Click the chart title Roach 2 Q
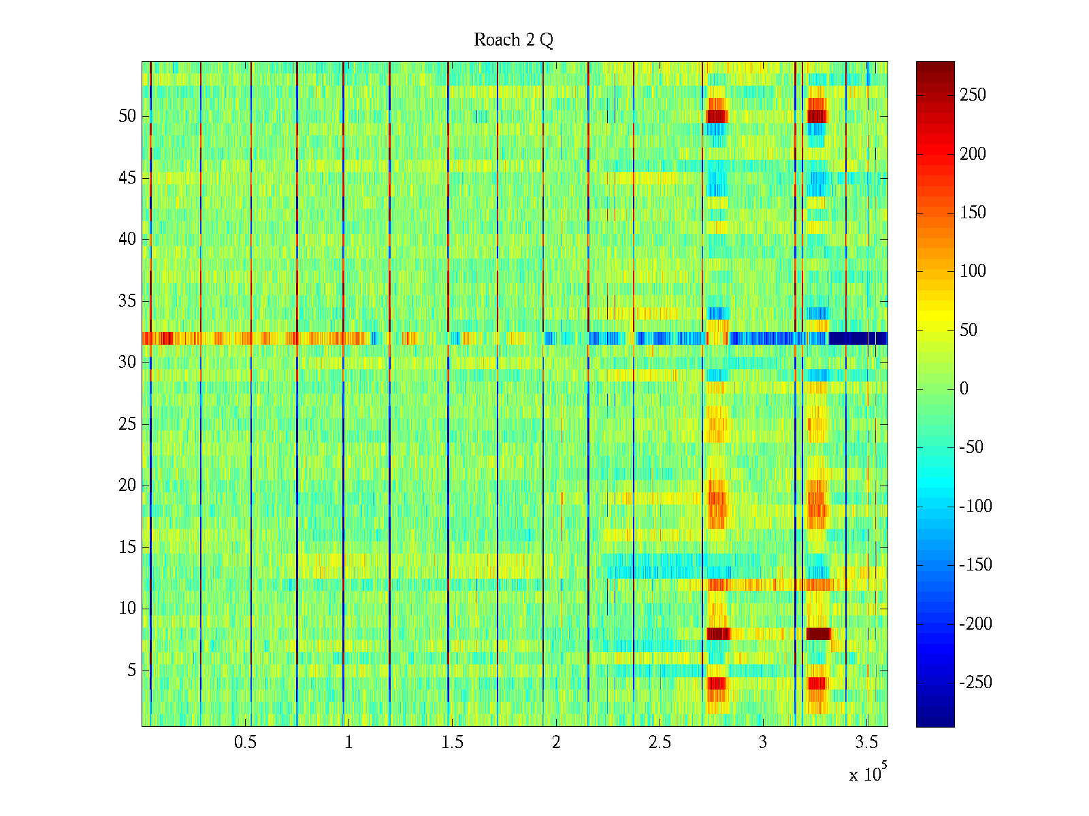click(513, 40)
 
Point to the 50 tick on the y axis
click(127, 116)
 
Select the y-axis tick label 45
click(127, 178)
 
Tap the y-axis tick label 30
click(127, 362)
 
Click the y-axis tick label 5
click(131, 670)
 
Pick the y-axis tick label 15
click(127, 547)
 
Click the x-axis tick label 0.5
click(245, 743)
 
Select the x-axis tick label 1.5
click(452, 743)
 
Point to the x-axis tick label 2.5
click(660, 743)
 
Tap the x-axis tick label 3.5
click(866, 743)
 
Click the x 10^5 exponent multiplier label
click(868, 774)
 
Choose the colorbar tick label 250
click(973, 95)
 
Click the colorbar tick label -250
click(975, 683)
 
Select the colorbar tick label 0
click(964, 389)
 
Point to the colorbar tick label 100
click(973, 271)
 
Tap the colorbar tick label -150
click(975, 565)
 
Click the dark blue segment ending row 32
click(858, 338)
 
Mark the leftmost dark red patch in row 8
click(718, 634)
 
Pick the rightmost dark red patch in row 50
click(817, 116)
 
